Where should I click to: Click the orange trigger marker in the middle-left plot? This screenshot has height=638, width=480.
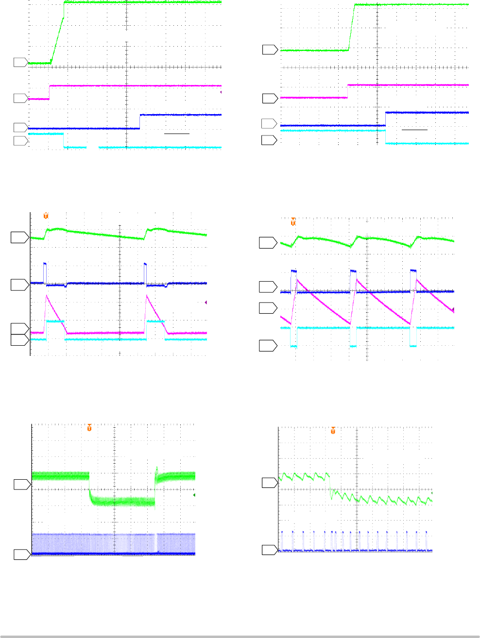(x=46, y=216)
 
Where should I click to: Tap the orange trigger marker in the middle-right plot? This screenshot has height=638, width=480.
(x=293, y=222)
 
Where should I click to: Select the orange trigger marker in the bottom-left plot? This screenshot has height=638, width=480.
(x=89, y=428)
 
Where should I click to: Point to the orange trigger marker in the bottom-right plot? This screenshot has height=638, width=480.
(x=333, y=431)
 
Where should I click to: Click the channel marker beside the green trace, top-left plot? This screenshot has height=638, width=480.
(x=20, y=62)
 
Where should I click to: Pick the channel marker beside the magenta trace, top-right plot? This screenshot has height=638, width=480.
(x=270, y=99)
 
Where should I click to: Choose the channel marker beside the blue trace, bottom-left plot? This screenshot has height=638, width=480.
(x=21, y=554)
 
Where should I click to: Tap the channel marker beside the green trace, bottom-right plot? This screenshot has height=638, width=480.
(x=270, y=483)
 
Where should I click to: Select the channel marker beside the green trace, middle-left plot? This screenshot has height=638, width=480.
(x=19, y=237)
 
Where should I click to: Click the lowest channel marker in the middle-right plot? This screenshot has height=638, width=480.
(x=268, y=346)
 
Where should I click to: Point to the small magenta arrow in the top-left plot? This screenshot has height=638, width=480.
(x=222, y=92)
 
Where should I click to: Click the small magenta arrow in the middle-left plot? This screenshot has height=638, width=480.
(x=206, y=302)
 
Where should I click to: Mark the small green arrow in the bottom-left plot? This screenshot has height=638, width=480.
(x=194, y=495)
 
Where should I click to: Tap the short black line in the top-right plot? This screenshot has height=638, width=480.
(x=414, y=130)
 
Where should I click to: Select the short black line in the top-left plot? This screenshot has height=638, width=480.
(x=177, y=133)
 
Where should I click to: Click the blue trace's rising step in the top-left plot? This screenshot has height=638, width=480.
(x=140, y=121)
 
